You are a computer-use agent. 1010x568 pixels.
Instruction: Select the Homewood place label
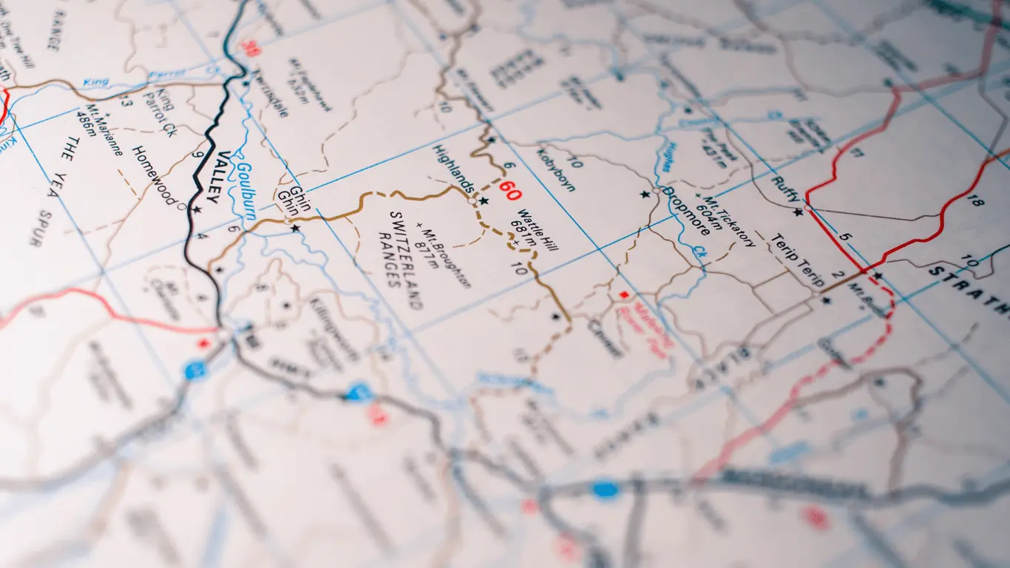pyautogui.click(x=154, y=175)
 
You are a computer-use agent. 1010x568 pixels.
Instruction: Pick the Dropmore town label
pyautogui.click(x=686, y=210)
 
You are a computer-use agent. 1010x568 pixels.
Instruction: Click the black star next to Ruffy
pyautogui.click(x=798, y=212)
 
